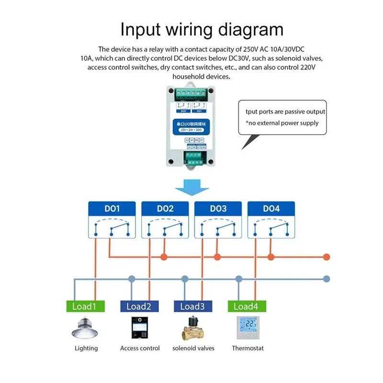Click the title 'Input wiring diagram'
[202, 29]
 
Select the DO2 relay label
[165, 209]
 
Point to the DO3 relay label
[218, 209]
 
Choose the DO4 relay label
[271, 209]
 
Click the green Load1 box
[84, 306]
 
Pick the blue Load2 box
[138, 306]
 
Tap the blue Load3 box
[192, 306]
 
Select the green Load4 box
[247, 306]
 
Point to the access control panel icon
[138, 327]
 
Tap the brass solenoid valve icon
[193, 328]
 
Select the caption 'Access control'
[140, 348]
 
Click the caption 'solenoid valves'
[193, 348]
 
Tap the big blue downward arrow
[191, 187]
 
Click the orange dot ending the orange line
[327, 257]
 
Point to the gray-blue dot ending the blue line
[327, 278]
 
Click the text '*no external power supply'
[282, 123]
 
